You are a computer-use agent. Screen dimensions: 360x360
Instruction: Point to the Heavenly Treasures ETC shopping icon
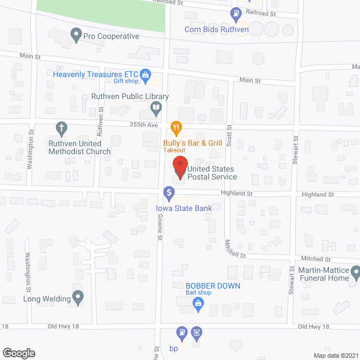tap(146, 74)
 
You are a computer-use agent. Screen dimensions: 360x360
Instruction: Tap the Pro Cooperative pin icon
tap(76, 36)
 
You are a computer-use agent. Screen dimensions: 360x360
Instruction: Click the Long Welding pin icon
tap(79, 296)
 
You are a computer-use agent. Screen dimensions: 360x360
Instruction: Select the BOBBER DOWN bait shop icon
tap(198, 304)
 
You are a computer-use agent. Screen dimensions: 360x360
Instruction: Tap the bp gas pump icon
tap(182, 333)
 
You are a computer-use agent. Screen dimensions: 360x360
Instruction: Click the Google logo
tap(19, 353)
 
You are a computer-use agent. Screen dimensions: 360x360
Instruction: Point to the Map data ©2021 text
tap(335, 355)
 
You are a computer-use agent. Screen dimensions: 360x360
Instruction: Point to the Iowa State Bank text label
tap(184, 208)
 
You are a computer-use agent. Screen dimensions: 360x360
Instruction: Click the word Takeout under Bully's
tap(175, 150)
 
